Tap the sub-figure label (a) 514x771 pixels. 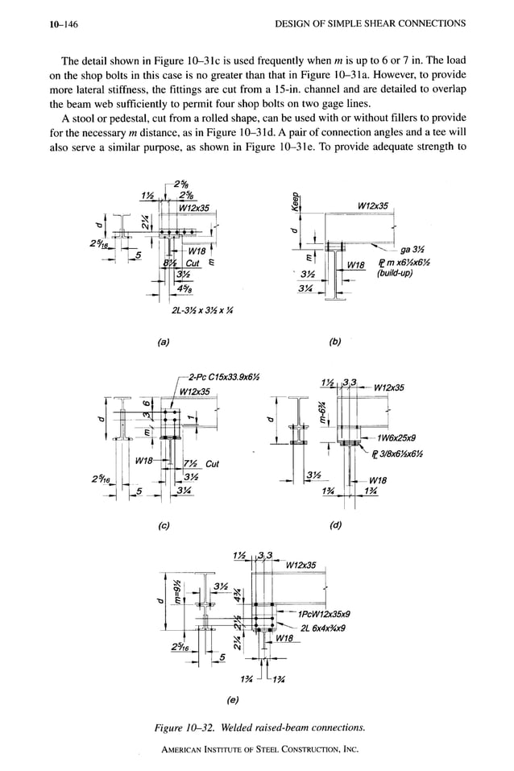164,341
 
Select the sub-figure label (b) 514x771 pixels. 337,341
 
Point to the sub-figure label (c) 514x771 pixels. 164,526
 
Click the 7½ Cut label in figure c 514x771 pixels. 201,464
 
